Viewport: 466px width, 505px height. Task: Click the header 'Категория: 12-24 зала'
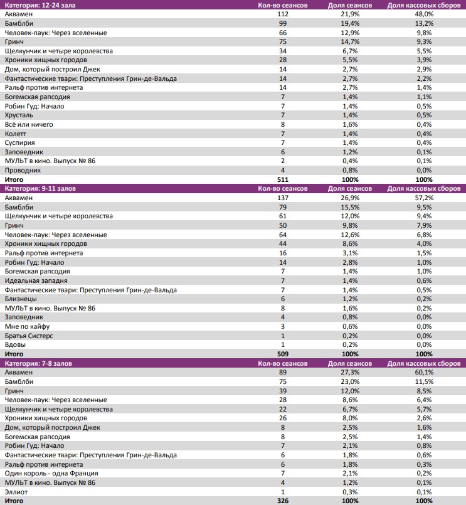tap(40, 5)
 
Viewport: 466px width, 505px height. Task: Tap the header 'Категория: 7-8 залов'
tap(40, 363)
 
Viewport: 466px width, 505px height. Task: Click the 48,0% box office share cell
tap(424, 14)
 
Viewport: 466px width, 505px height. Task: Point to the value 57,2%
tap(424, 198)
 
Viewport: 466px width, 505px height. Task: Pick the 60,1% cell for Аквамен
tap(424, 372)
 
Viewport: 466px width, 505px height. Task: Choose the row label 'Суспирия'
tap(20, 142)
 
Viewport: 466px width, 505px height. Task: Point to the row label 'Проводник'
tap(23, 170)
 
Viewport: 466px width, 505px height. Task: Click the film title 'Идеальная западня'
tap(36, 280)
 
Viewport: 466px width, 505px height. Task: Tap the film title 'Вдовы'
tap(15, 345)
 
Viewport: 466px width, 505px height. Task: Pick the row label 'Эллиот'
tap(17, 492)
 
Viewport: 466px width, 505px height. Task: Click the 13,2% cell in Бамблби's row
tap(424, 23)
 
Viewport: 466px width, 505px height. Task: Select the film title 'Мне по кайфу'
tap(27, 326)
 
